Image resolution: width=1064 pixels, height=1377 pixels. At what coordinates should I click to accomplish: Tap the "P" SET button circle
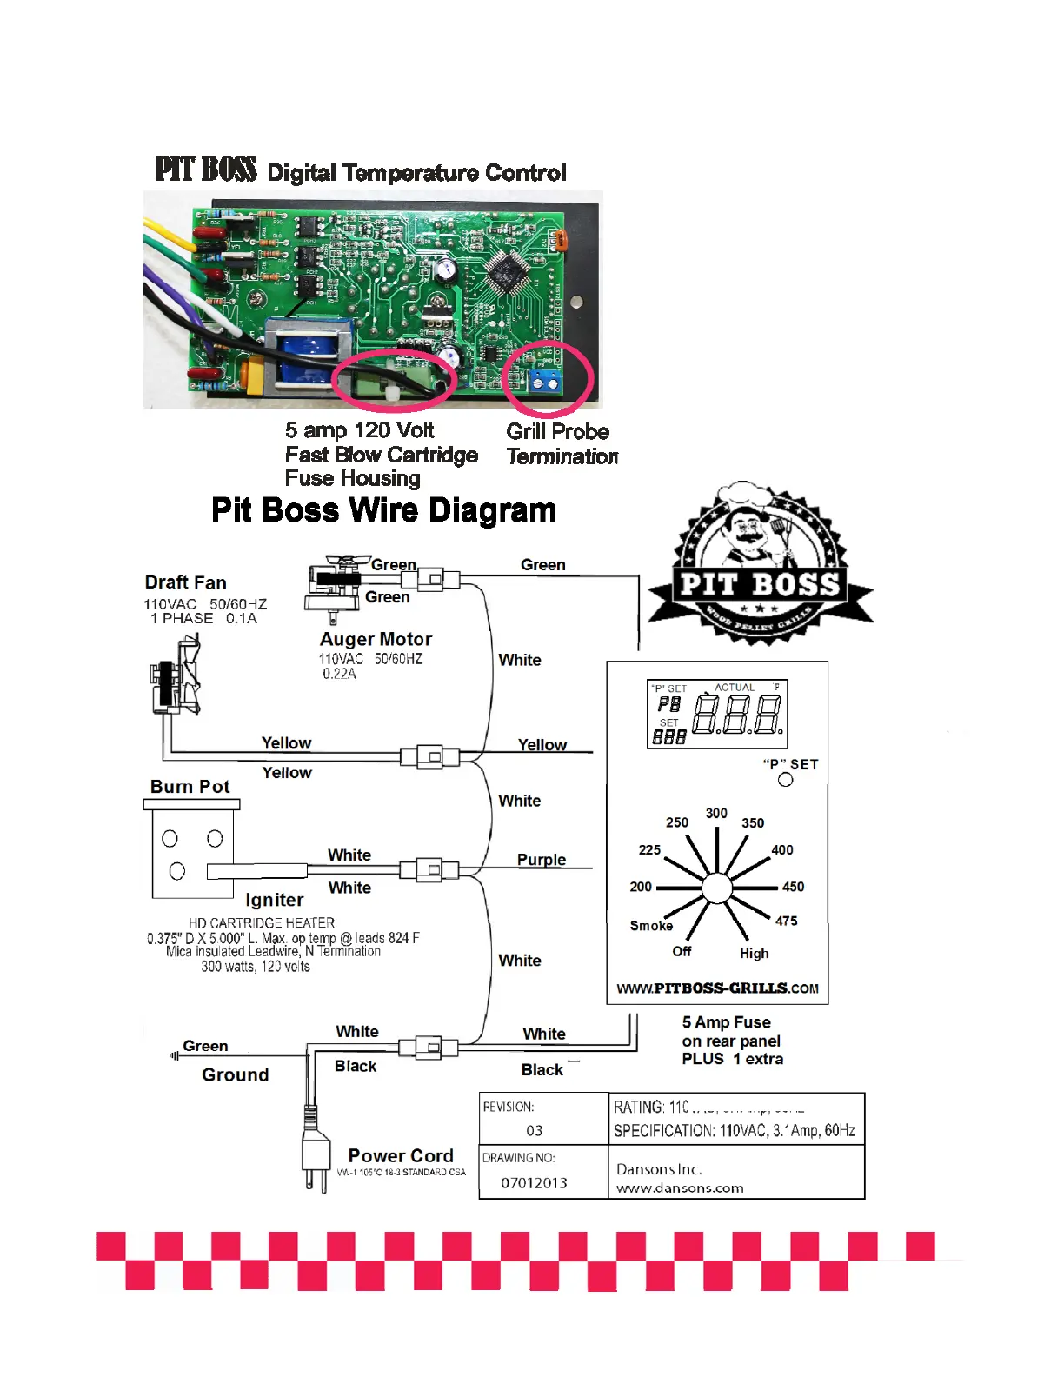786,780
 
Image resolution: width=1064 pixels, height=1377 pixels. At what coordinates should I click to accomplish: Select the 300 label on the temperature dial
716,813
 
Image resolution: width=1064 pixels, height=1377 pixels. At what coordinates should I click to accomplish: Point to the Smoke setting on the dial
651,926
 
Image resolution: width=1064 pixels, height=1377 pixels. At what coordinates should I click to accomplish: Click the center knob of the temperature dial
716,888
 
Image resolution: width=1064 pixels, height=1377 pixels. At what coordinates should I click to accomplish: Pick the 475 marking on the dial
786,921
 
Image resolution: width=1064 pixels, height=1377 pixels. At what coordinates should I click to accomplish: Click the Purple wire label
541,860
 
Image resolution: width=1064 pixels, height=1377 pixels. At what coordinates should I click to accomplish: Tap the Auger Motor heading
376,639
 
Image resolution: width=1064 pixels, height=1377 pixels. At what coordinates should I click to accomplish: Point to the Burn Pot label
190,787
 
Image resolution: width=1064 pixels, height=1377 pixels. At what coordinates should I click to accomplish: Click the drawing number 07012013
534,1183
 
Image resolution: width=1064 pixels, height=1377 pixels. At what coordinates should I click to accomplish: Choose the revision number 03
534,1131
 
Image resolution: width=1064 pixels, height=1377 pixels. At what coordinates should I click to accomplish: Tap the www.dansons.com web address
680,1188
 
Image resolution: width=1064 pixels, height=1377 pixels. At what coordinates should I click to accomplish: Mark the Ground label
235,1074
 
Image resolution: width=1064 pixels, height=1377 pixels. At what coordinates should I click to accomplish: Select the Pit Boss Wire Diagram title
383,510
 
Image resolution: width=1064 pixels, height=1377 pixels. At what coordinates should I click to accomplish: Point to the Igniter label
274,900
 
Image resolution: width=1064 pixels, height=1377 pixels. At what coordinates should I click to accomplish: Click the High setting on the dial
754,954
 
